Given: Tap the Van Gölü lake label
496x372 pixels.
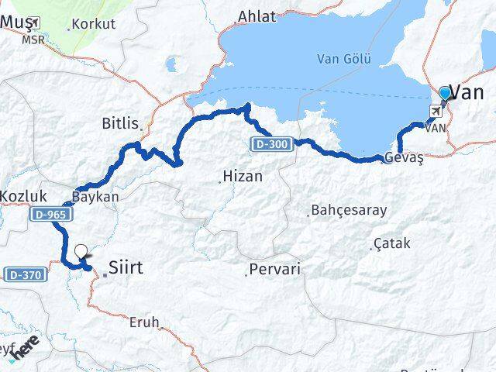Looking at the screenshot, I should (344, 58).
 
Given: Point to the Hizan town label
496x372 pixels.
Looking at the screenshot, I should (242, 177).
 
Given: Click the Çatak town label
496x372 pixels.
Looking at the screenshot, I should (391, 243).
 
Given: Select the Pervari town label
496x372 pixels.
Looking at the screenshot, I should (274, 270).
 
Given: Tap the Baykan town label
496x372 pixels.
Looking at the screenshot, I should (95, 196).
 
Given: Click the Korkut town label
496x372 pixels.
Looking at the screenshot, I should (94, 24).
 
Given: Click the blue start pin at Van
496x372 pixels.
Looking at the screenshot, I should (445, 94).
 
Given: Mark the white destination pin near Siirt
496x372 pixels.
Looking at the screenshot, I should (81, 251).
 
